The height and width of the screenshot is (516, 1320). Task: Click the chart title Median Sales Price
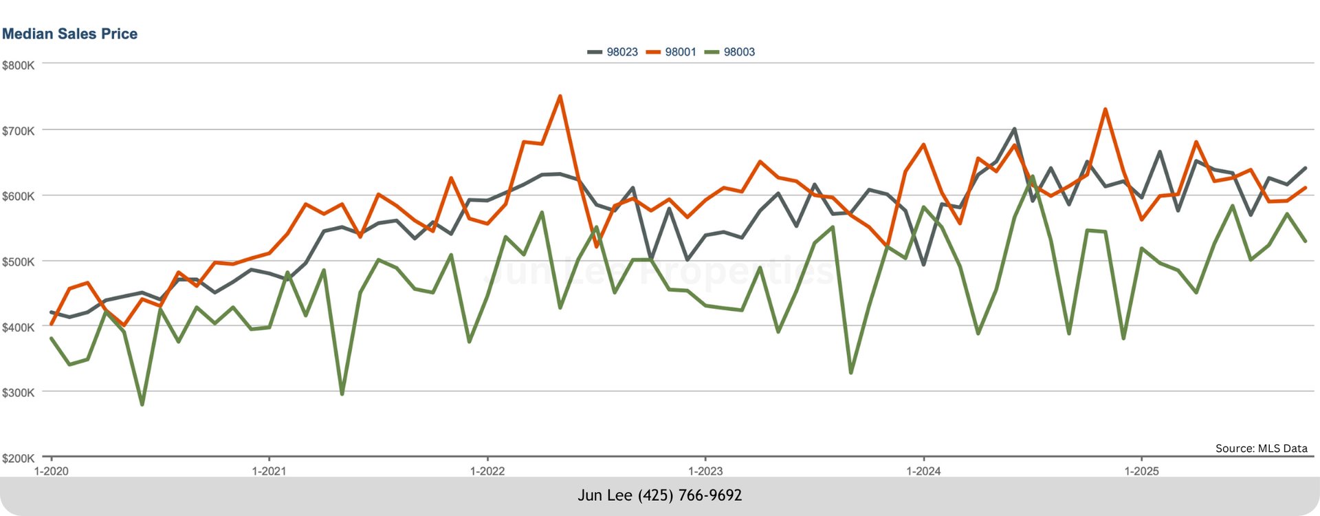tap(69, 34)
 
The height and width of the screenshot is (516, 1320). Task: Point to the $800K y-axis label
tap(19, 65)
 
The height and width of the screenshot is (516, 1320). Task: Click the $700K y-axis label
tap(19, 131)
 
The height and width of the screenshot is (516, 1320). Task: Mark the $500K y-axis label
tap(19, 262)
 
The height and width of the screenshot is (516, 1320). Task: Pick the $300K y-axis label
tap(19, 393)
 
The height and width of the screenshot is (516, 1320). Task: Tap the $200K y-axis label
tap(19, 458)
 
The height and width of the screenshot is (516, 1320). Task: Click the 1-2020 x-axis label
tap(51, 471)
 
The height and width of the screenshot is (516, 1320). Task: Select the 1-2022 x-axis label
tap(487, 471)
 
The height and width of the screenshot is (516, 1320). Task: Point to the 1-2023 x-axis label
tap(705, 471)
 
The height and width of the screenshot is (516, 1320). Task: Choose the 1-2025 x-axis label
tap(1141, 471)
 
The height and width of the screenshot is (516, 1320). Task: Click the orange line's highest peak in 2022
tap(560, 96)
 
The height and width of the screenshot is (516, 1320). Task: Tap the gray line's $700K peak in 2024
tap(1014, 129)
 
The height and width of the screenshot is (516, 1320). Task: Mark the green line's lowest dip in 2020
tap(142, 405)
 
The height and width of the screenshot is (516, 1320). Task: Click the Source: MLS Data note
tap(1261, 449)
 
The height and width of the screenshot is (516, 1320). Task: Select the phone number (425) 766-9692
tap(690, 495)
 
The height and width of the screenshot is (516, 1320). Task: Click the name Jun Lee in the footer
tap(604, 495)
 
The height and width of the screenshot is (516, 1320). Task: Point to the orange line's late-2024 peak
tap(1105, 109)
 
